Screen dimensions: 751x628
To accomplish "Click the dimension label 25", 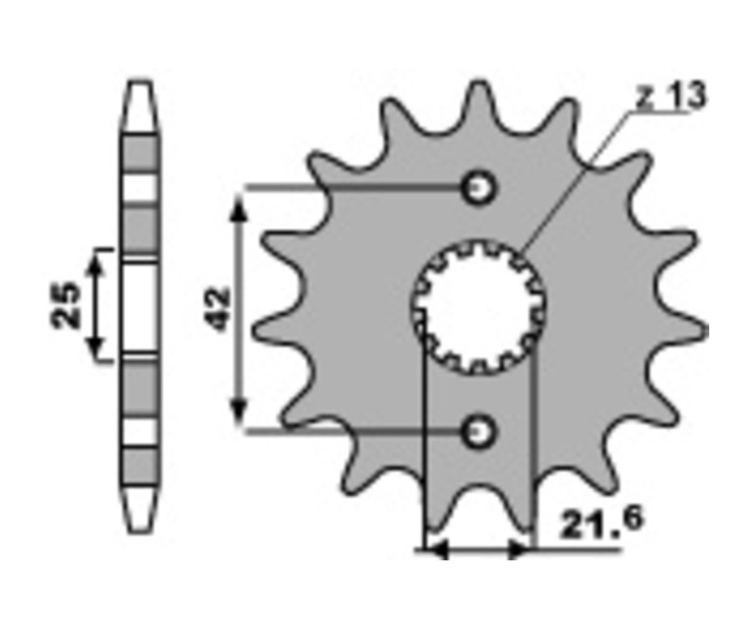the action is (66, 306).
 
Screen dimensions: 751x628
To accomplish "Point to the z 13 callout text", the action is (672, 96).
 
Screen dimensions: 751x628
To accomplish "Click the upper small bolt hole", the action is (477, 187).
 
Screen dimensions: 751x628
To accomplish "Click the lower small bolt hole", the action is (477, 432).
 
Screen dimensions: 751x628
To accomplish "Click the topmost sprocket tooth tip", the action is (478, 83).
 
